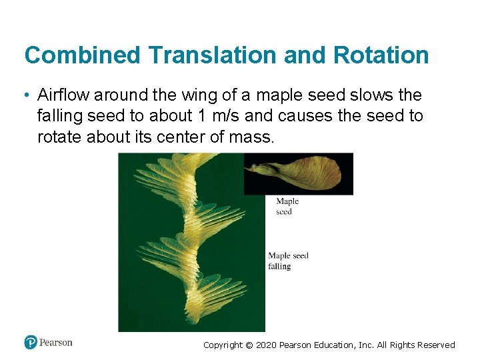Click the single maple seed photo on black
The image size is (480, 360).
[x=299, y=173]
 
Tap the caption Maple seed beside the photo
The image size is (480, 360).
[x=287, y=207]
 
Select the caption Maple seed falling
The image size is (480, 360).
[x=288, y=261]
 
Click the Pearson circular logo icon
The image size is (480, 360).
[x=31, y=343]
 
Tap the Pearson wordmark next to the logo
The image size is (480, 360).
[x=56, y=343]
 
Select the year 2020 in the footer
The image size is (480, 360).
[x=266, y=345]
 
